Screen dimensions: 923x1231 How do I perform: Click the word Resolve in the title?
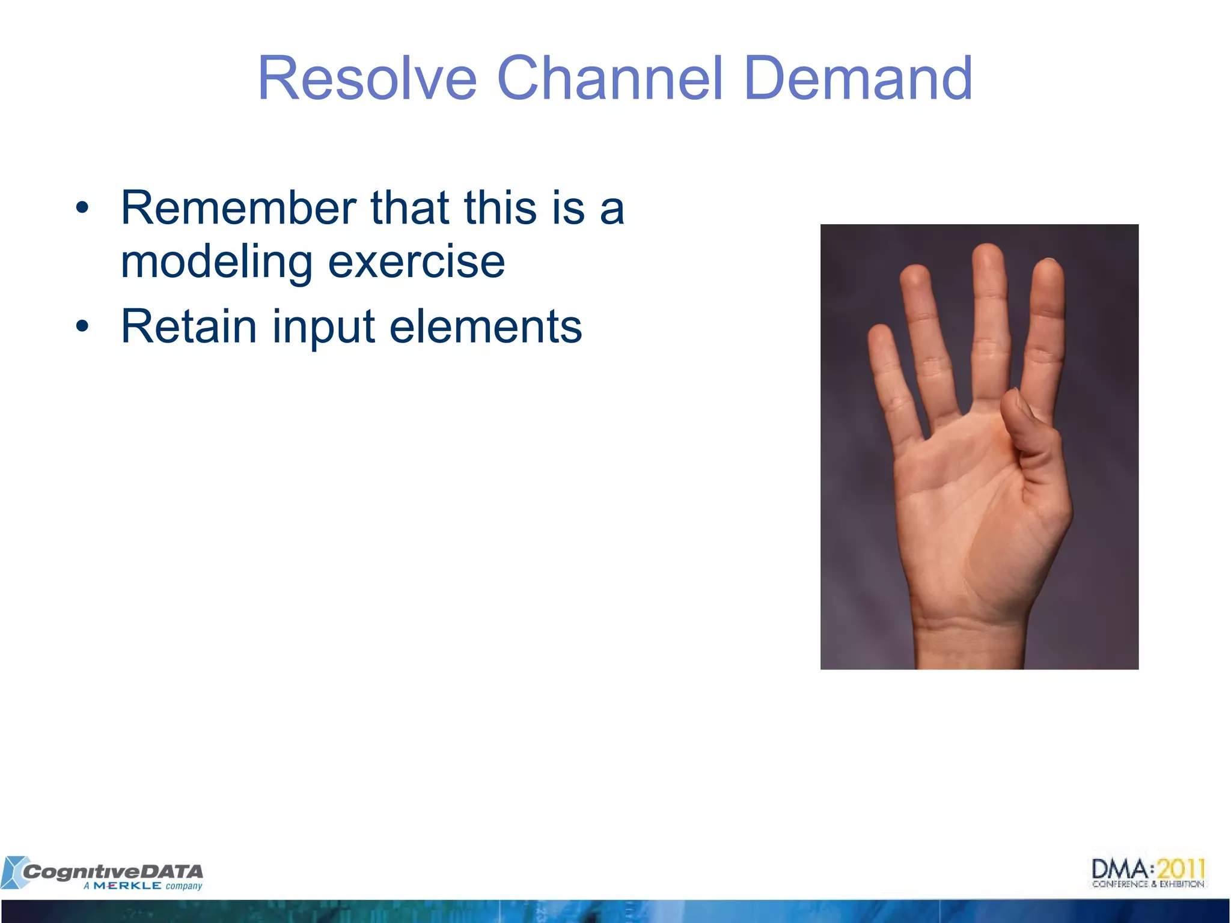(x=367, y=79)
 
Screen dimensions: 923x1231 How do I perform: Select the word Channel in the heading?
(x=609, y=79)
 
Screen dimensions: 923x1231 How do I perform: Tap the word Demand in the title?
(x=858, y=79)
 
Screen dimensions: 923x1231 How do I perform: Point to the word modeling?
(x=216, y=262)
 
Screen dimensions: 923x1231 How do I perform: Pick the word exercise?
(x=417, y=262)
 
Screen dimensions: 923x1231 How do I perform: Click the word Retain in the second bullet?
(x=189, y=326)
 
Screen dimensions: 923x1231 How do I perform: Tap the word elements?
(x=486, y=326)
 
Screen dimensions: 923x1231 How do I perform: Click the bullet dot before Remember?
(x=82, y=209)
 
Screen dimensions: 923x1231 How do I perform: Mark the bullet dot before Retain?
(x=82, y=327)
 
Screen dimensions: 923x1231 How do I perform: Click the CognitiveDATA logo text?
(x=113, y=871)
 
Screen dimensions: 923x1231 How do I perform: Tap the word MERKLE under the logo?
(x=127, y=886)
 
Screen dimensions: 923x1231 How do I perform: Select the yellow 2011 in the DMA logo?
(x=1181, y=869)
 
